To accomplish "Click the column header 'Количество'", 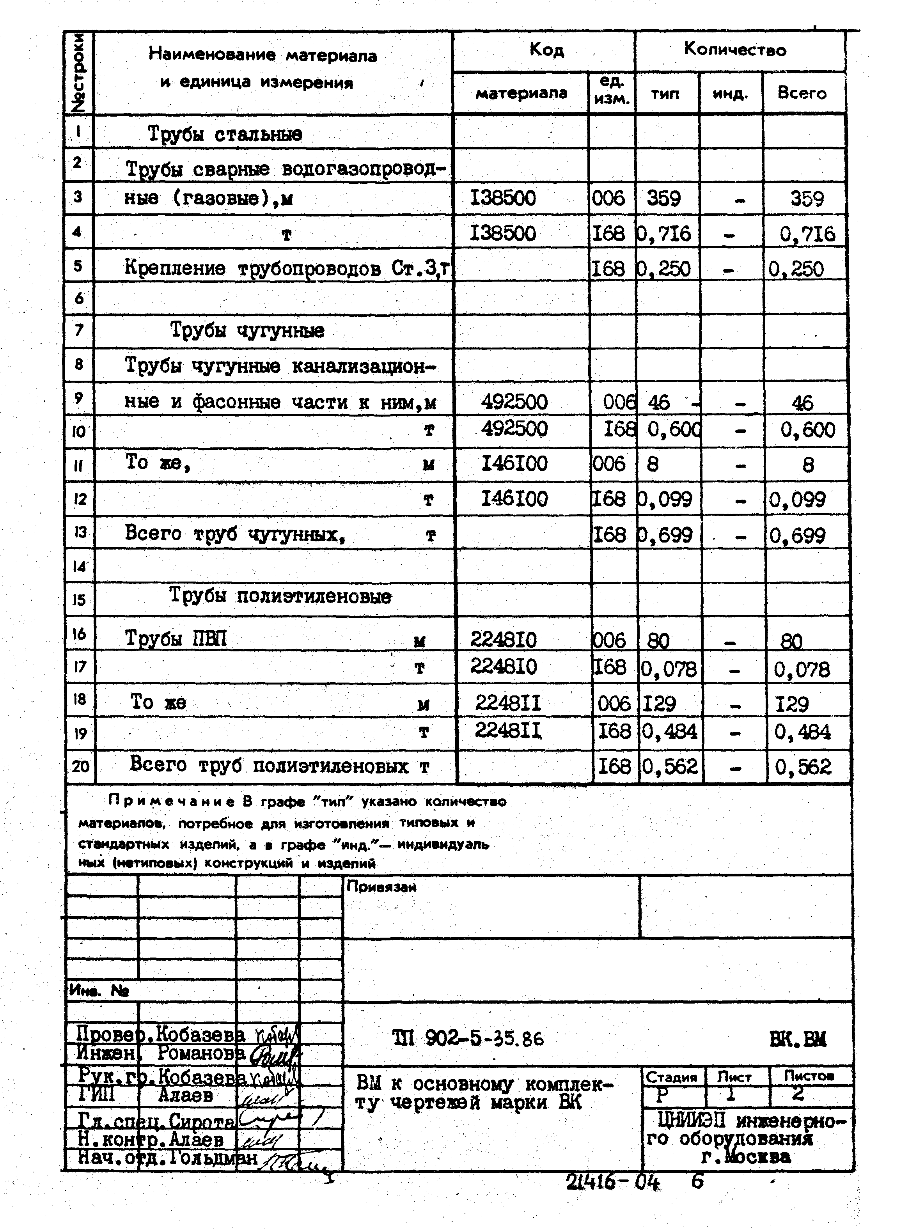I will pyautogui.click(x=735, y=50).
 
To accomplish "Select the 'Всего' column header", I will pyautogui.click(x=802, y=93).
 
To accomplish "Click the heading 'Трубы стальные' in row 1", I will pyautogui.click(x=225, y=134).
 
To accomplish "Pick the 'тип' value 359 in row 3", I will pyautogui.click(x=664, y=199).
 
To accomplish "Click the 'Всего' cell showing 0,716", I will pyautogui.click(x=807, y=234).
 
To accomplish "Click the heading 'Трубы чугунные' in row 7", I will pyautogui.click(x=247, y=330).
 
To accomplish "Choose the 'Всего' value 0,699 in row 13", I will pyautogui.click(x=797, y=536).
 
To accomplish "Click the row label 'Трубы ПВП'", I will pyautogui.click(x=176, y=638).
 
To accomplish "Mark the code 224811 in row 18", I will pyautogui.click(x=508, y=703).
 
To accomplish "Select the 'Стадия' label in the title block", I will pyautogui.click(x=671, y=1077).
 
